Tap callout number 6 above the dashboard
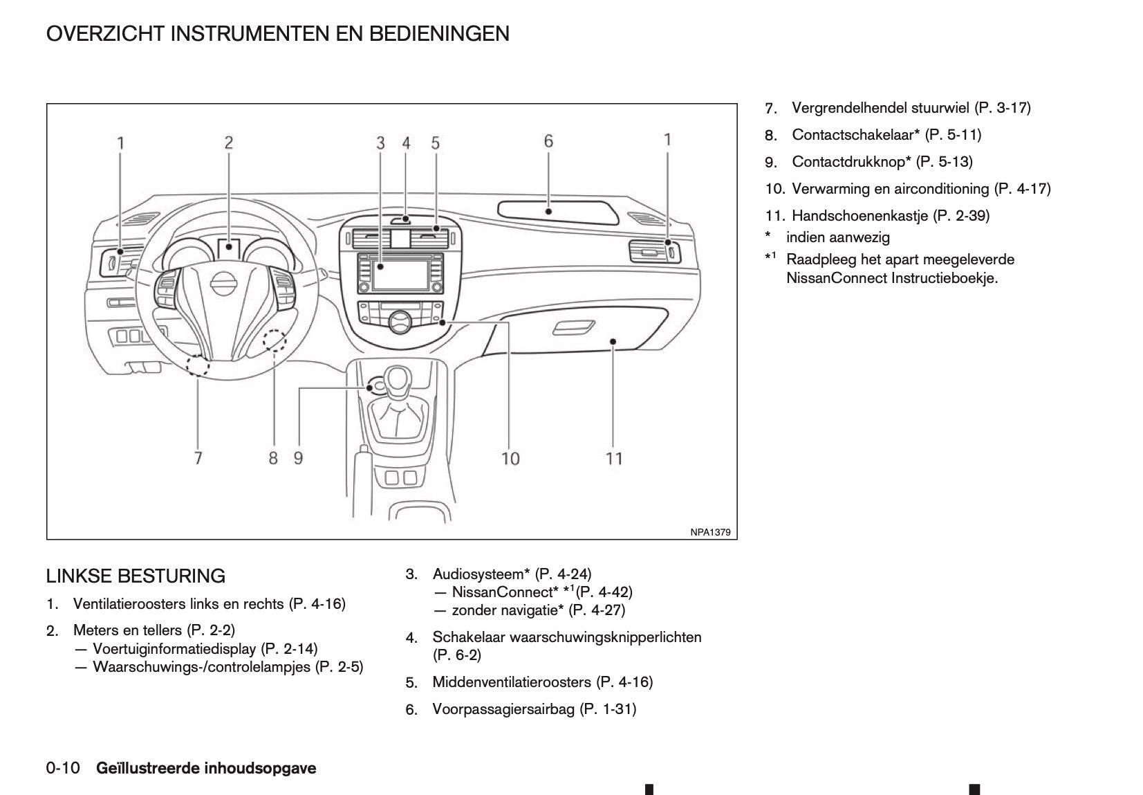pyautogui.click(x=548, y=141)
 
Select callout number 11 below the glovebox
pyautogui.click(x=614, y=458)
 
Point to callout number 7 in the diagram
pyautogui.click(x=198, y=458)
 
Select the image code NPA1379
pyautogui.click(x=710, y=532)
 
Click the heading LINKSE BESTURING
pyautogui.click(x=136, y=576)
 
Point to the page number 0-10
pyautogui.click(x=63, y=768)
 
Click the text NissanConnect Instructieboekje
pyautogui.click(x=892, y=279)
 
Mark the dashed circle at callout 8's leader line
pyautogui.click(x=275, y=340)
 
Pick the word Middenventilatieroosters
pyautogui.click(x=512, y=682)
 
